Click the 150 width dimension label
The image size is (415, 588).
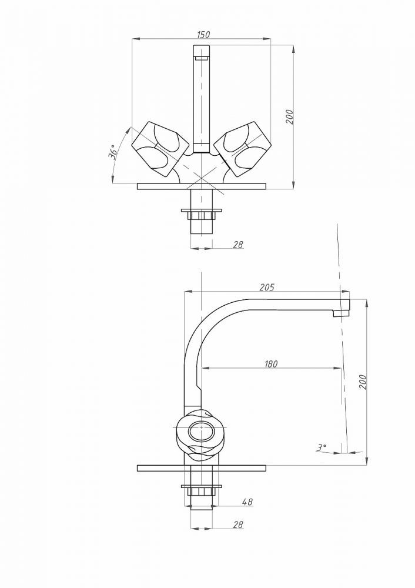click(203, 35)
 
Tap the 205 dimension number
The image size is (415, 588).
click(267, 288)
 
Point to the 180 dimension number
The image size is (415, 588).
click(270, 364)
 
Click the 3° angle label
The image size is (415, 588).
click(322, 447)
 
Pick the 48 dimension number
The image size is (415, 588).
click(247, 502)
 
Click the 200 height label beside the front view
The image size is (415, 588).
click(289, 117)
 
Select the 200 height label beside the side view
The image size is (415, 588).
click(363, 382)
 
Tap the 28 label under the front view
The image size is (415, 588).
click(238, 245)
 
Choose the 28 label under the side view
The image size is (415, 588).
click(238, 524)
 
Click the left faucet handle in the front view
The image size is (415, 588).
click(160, 149)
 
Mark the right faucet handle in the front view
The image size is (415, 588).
click(243, 149)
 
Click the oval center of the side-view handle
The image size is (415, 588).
click(202, 432)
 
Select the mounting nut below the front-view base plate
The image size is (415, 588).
click(201, 216)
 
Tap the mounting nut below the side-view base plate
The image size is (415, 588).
click(201, 492)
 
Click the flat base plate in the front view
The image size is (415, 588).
click(201, 186)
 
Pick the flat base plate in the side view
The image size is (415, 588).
click(201, 468)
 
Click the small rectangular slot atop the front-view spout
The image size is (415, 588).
click(201, 58)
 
